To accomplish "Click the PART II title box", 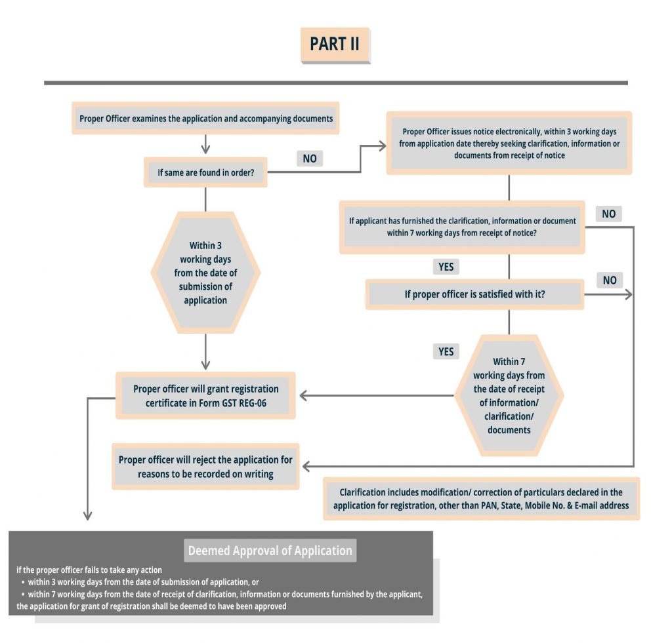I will pos(335,45).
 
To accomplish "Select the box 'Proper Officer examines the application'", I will pos(206,119).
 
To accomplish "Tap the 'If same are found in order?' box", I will pos(205,172).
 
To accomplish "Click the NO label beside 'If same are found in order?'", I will pos(309,159).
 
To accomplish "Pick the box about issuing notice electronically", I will pos(509,142).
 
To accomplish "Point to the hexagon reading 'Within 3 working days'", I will pos(205,273).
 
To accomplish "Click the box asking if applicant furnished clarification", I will pos(462,227).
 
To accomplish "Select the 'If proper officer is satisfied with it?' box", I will pos(474,295).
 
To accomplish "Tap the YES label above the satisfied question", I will pos(446,267).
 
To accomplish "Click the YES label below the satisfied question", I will pos(446,352).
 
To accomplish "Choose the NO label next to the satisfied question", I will pos(610,281).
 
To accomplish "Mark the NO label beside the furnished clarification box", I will pos(608,214).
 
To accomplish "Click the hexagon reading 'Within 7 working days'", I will pos(509,395).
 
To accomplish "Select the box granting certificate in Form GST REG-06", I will pos(205,396).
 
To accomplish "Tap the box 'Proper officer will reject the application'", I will pos(205,466).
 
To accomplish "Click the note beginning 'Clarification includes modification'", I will pos(481,499).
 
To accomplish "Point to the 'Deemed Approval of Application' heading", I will pos(270,551).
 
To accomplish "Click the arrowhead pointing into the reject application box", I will pos(307,466).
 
